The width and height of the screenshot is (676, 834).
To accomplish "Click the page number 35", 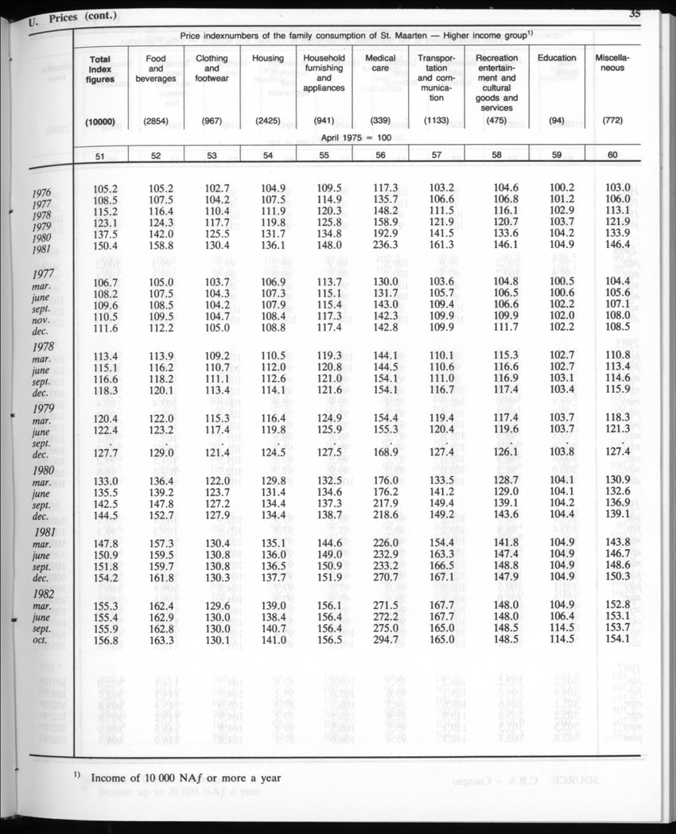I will coord(635,11).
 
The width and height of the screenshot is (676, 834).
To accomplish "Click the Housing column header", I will coord(268,58).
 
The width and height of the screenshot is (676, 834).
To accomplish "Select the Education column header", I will coord(557,58).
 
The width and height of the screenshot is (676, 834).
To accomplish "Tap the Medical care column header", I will coord(380,64).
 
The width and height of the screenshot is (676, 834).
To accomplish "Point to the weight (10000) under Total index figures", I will coord(101,122).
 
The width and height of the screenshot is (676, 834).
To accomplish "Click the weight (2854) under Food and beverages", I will coord(156,122).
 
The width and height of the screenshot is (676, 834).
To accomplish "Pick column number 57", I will coord(437,155).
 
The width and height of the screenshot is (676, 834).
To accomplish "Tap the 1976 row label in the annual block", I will coord(42,192).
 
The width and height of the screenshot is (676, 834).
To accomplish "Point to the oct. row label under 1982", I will coord(41,641).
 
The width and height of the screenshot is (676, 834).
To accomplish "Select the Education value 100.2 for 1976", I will coord(561,188).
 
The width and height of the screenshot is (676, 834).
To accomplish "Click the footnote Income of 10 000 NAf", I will coord(185,778).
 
